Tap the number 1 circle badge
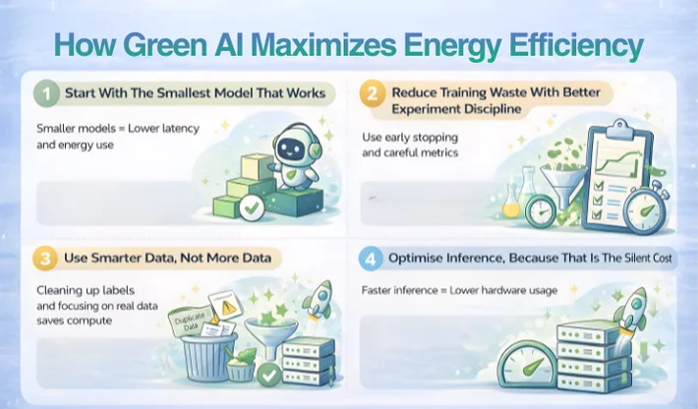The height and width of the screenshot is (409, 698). (x=45, y=95)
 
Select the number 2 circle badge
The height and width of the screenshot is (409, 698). (x=371, y=95)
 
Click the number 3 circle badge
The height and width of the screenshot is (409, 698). (x=45, y=260)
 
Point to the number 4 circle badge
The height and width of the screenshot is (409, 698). (x=371, y=260)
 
